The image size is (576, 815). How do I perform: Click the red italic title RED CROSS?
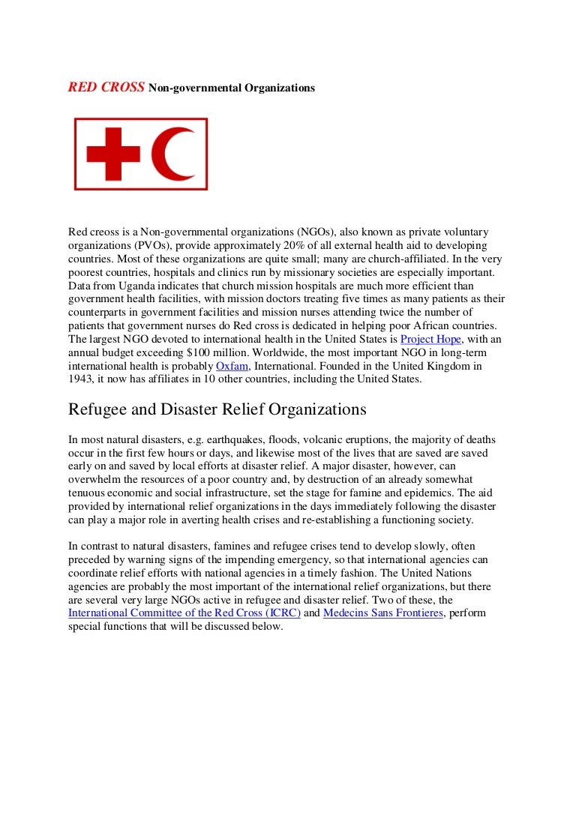point(106,88)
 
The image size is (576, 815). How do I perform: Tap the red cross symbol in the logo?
point(113,154)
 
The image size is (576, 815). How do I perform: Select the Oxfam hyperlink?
point(232,366)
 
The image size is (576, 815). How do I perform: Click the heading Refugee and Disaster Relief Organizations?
point(217,409)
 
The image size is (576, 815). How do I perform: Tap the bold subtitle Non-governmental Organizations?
point(232,88)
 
